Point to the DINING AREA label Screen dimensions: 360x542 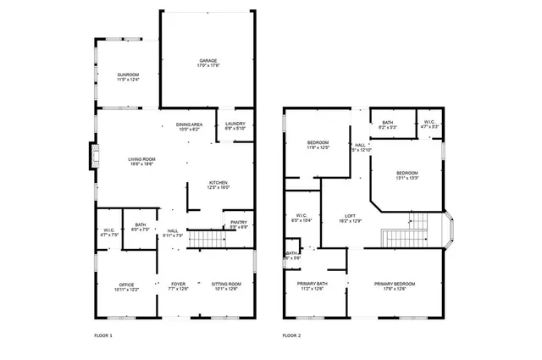[x=189, y=126]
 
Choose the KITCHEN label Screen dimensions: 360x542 [x=219, y=185]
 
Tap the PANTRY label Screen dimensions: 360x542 [x=238, y=224]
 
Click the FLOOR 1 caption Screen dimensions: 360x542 [x=102, y=336]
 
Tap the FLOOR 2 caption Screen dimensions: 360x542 [x=292, y=336]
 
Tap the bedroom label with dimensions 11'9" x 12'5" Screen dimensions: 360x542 [x=318, y=145]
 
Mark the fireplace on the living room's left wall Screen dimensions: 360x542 [x=93, y=156]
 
